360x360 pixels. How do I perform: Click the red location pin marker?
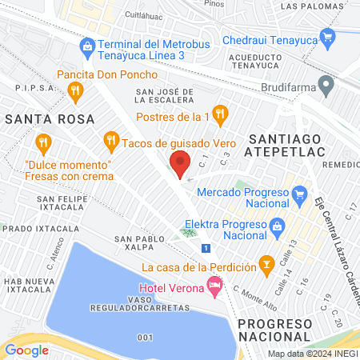point(181,162)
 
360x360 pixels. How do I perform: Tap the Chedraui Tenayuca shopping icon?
point(326,37)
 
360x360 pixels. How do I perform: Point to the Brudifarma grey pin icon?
point(325,83)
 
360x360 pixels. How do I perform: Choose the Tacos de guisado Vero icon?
point(111,142)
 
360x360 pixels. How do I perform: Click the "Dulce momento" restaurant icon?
point(44,145)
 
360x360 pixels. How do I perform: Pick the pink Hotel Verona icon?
point(214,284)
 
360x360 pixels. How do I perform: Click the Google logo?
point(27,350)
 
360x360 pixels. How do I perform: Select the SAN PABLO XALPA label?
point(142,244)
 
